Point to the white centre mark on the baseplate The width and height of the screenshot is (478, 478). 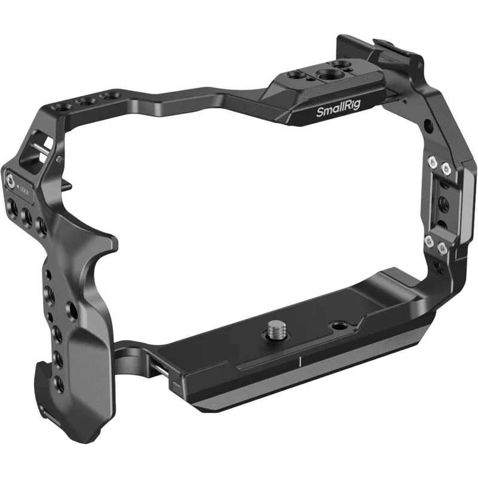pos(298,362)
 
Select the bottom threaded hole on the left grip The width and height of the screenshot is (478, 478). pos(59,383)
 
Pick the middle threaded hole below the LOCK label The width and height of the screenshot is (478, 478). pos(26,213)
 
